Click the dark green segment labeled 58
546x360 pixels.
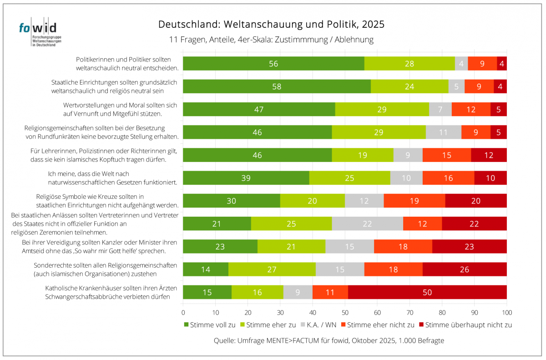coord(277,86)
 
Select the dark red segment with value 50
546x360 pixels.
coord(427,292)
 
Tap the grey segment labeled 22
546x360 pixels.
coord(367,223)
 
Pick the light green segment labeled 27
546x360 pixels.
coord(272,269)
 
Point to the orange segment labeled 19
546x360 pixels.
coord(415,201)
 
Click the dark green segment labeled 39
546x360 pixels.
coord(246,178)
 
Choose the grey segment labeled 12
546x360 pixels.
coord(364,201)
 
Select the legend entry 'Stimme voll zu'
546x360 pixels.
coord(210,325)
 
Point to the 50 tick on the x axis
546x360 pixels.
coord(345,313)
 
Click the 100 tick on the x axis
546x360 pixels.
coord(506,313)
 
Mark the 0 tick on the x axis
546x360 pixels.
coord(183,313)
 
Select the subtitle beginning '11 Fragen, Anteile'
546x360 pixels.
coord(271,40)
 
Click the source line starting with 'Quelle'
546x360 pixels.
coord(329,340)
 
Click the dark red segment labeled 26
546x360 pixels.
coord(465,269)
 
